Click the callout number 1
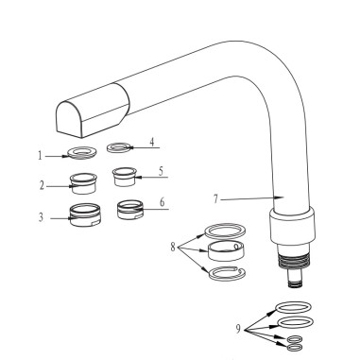40,156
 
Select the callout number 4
152,142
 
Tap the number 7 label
215,199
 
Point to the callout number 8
173,247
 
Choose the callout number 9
238,329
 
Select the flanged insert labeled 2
83,183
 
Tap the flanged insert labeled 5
125,177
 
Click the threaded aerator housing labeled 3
85,214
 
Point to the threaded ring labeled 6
130,210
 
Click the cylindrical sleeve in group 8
226,251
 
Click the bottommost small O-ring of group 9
296,348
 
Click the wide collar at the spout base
292,226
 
